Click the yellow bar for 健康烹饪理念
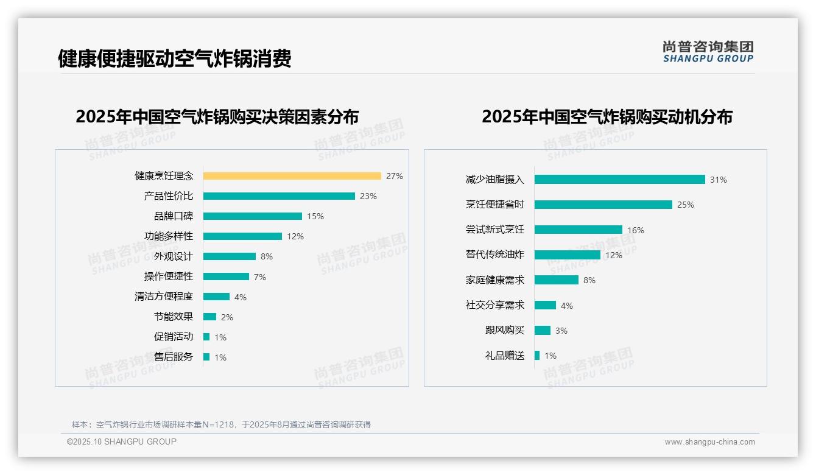(292, 176)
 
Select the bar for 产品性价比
(279, 196)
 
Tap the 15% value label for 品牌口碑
(315, 216)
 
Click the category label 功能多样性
(169, 236)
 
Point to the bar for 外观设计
(230, 256)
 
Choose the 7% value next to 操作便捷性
(259, 277)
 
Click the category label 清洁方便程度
(164, 297)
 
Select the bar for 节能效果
(209, 317)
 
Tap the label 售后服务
(174, 357)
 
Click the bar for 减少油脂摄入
(619, 180)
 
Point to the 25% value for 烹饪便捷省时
(685, 205)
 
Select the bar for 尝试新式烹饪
(579, 230)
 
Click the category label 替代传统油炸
(495, 255)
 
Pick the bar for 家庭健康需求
(557, 280)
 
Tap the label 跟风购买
(505, 330)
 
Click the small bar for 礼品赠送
(537, 356)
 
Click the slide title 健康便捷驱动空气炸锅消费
(175, 58)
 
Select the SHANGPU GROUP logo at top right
(708, 52)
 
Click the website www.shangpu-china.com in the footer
(709, 442)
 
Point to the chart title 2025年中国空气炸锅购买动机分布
(607, 117)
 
